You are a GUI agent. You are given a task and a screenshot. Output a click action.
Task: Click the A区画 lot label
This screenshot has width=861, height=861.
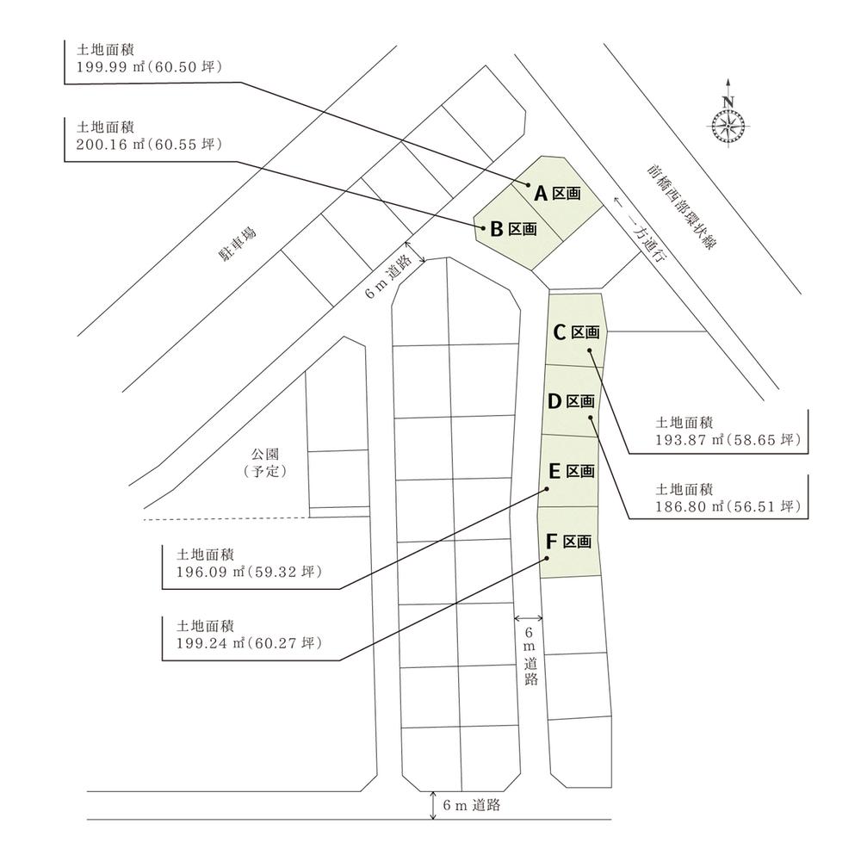(557, 193)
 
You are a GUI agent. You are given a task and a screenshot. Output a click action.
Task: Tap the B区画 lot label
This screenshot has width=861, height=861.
(513, 228)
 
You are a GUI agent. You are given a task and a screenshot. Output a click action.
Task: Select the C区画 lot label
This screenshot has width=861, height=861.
(576, 332)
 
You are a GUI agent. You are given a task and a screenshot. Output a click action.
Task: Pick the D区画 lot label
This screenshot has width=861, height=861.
(571, 401)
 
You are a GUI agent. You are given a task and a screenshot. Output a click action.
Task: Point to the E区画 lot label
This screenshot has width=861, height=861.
(572, 471)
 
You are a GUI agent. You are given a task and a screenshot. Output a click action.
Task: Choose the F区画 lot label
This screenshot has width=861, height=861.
(568, 542)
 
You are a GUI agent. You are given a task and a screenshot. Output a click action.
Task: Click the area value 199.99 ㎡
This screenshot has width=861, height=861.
(110, 67)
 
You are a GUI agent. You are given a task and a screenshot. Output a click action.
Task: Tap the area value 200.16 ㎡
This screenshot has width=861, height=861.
(110, 145)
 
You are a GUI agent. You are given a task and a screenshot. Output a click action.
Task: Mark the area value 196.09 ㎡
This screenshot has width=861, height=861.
(210, 572)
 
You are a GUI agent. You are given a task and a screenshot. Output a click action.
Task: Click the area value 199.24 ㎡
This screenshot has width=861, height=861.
(210, 643)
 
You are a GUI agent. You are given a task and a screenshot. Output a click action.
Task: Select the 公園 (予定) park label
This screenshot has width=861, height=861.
(265, 462)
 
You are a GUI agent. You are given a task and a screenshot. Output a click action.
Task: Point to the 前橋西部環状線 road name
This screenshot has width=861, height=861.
(681, 207)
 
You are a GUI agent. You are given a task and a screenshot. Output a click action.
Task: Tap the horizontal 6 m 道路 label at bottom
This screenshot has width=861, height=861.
(472, 805)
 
